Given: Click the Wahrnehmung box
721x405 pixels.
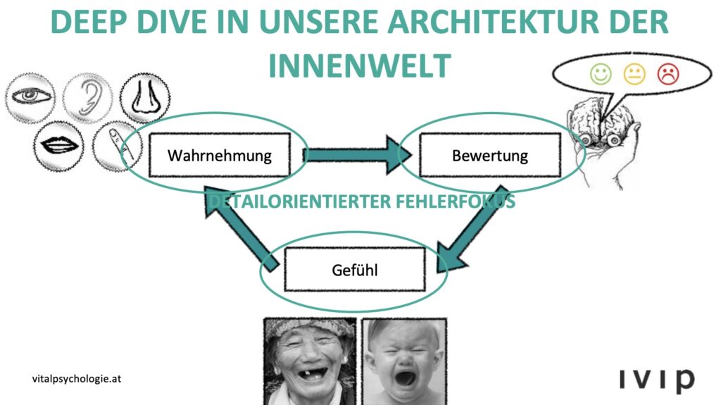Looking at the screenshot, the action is [219, 155].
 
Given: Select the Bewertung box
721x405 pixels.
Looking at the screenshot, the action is [489, 155].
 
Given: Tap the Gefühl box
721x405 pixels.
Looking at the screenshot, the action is [354, 269].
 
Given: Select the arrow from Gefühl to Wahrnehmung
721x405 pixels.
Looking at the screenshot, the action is [243, 225].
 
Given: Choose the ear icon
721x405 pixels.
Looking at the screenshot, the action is [87, 97].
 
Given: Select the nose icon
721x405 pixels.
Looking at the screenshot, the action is [143, 97].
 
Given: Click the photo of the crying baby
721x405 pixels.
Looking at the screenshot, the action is [404, 361].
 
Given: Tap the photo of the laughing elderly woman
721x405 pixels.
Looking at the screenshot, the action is [309, 361].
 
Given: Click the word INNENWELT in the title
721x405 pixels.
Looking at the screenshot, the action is [359, 66].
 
